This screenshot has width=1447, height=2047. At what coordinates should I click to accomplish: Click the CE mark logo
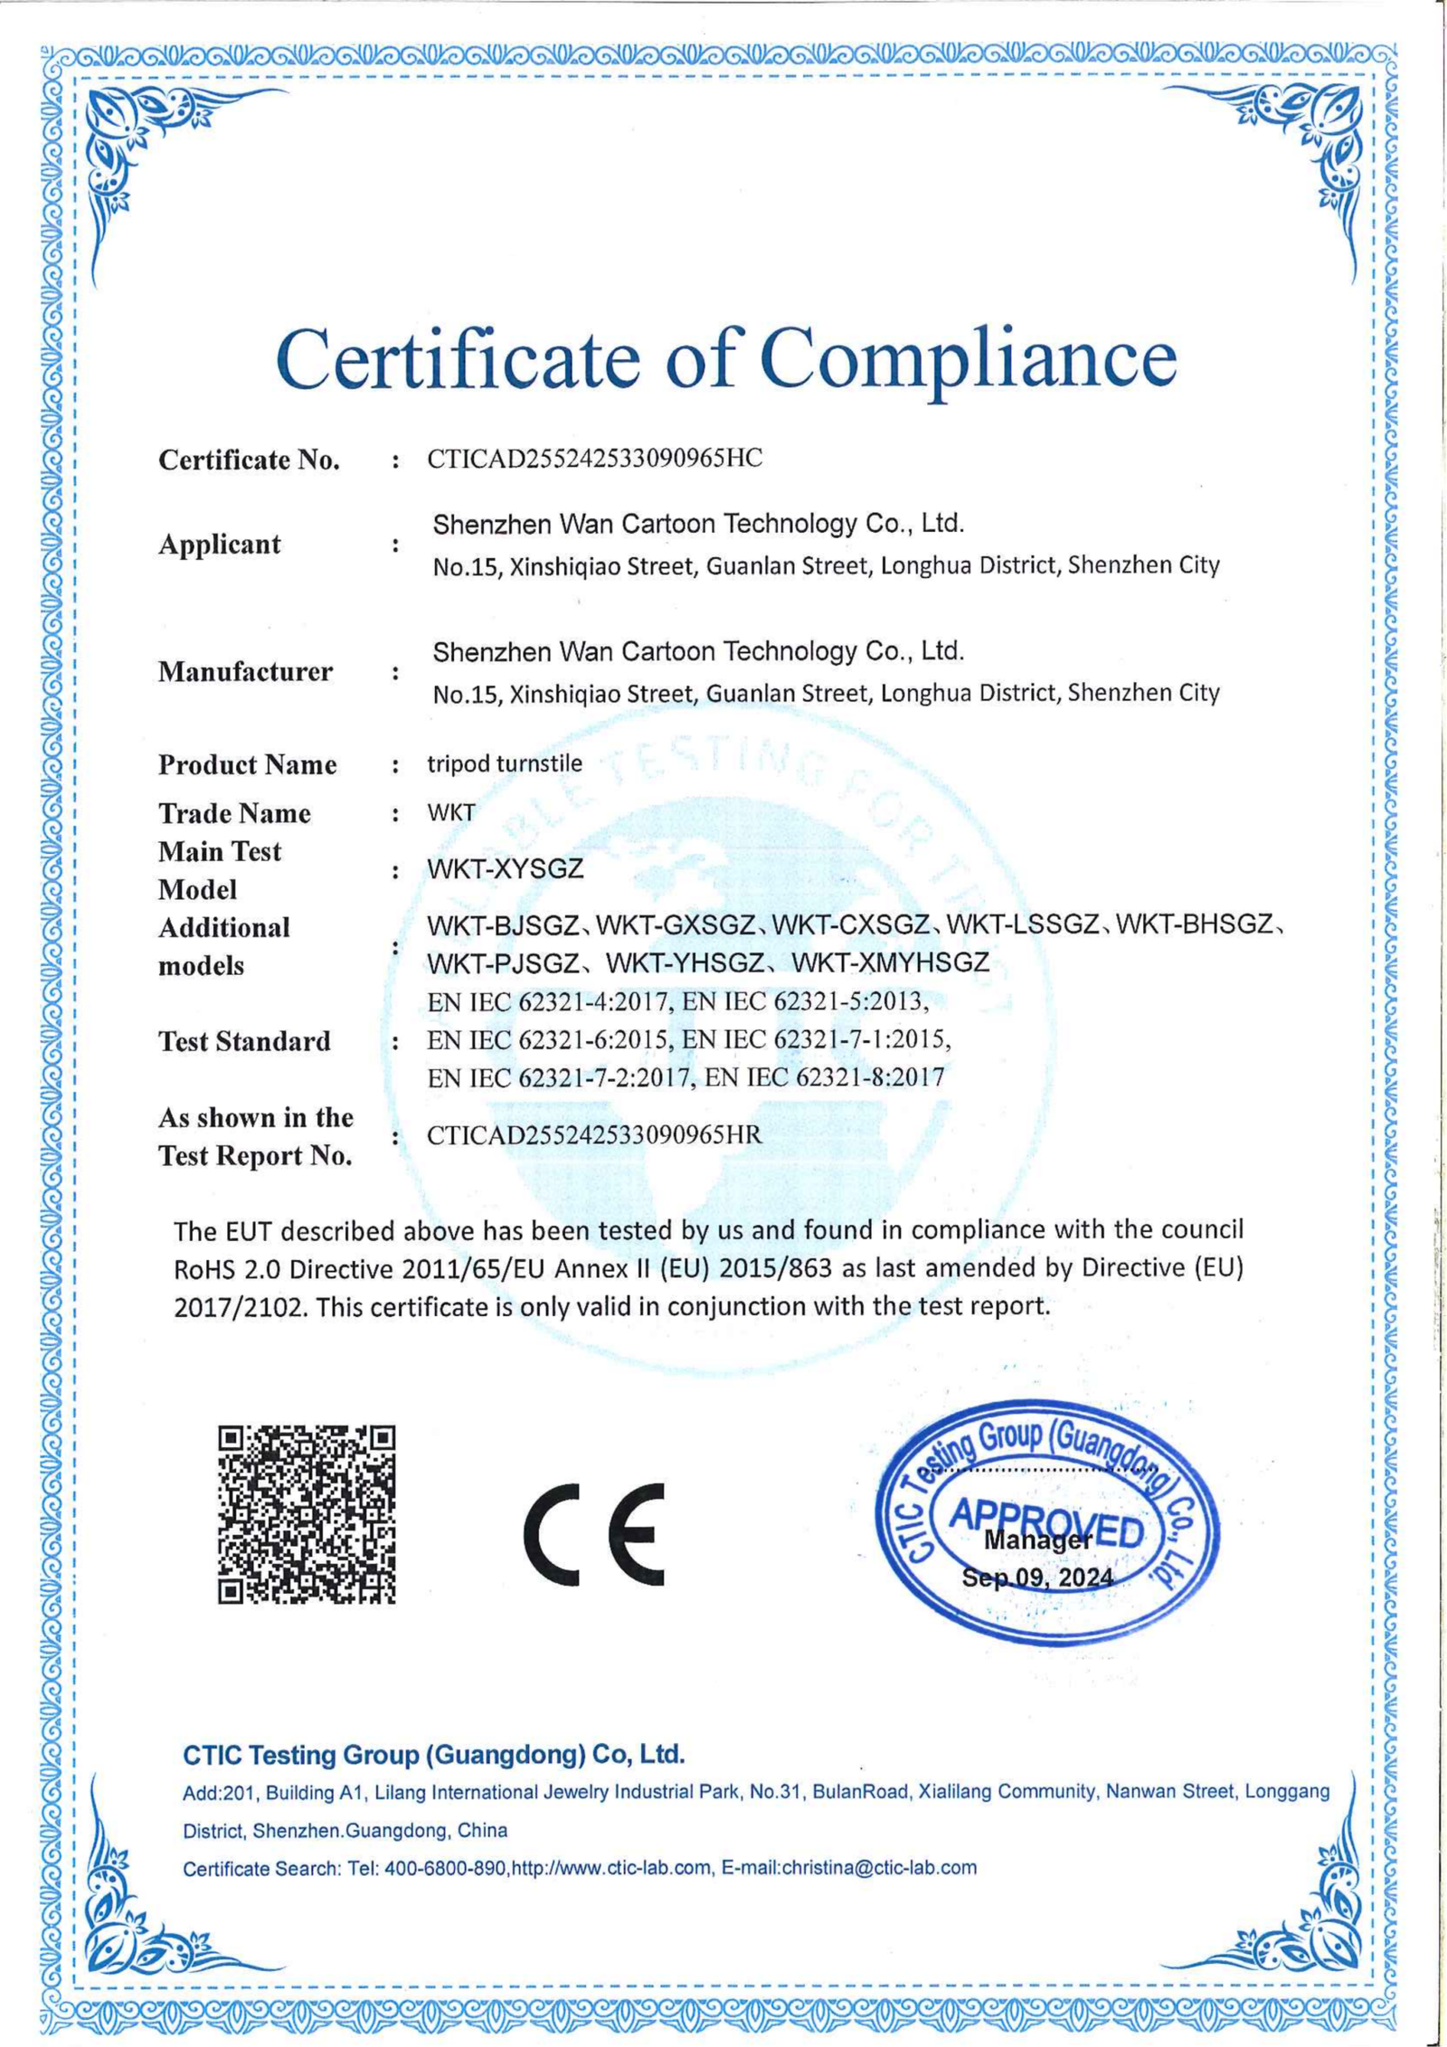click(x=594, y=1534)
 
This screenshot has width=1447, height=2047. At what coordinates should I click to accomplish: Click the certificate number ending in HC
click(x=594, y=459)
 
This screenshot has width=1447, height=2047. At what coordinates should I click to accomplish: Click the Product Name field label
click(x=247, y=765)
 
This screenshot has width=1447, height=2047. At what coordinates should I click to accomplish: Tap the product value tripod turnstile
click(x=505, y=763)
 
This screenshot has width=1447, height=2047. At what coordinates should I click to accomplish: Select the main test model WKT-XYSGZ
click(x=505, y=869)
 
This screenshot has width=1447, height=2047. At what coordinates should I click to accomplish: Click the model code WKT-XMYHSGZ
click(x=890, y=962)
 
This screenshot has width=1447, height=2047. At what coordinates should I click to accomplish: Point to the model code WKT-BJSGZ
click(x=503, y=925)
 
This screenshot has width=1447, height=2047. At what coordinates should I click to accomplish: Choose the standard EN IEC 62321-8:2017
click(x=824, y=1077)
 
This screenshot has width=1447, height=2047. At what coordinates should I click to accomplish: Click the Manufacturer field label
click(x=245, y=672)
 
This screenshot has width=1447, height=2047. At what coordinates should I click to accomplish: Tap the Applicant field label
click(x=220, y=545)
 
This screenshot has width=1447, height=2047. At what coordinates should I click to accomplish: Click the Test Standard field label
click(x=244, y=1041)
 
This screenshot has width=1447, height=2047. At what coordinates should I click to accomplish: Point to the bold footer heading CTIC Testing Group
click(x=433, y=1755)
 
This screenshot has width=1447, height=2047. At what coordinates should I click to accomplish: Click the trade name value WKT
click(x=450, y=812)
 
